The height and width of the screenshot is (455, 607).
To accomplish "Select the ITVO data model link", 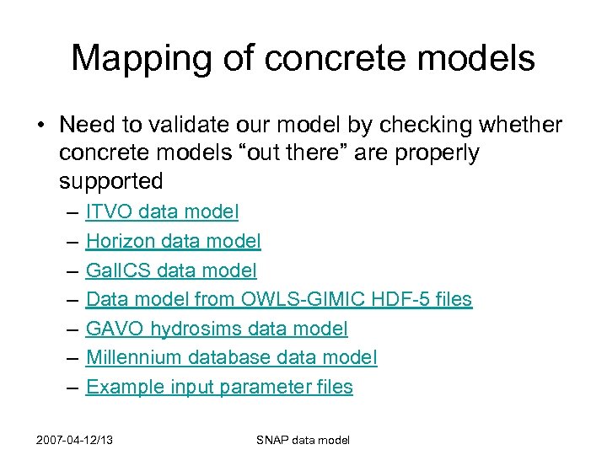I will (x=162, y=212).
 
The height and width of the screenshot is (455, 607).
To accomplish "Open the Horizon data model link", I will (x=173, y=242).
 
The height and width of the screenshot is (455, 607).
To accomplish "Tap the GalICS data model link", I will (x=171, y=270).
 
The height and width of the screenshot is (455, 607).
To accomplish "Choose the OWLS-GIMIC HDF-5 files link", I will (x=279, y=300).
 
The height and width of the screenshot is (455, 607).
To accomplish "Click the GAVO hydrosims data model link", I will (x=217, y=329).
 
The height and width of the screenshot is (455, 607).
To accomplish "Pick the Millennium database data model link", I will (x=232, y=358).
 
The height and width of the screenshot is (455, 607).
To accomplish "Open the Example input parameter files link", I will (x=219, y=387).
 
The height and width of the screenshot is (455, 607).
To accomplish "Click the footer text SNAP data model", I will (x=303, y=440).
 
